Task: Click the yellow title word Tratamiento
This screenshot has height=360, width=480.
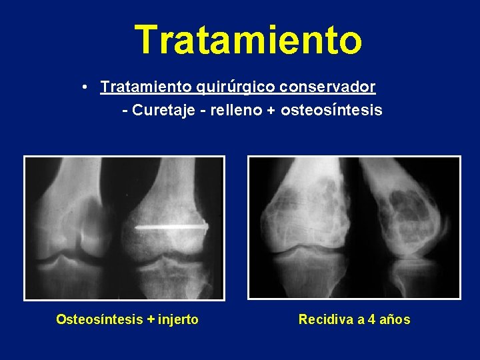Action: [x=248, y=40]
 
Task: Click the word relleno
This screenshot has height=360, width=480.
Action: [x=235, y=110]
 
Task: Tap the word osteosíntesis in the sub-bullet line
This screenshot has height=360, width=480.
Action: [x=331, y=110]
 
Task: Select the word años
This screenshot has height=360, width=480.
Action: [x=396, y=319]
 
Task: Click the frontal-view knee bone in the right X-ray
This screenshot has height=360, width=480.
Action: [x=303, y=213]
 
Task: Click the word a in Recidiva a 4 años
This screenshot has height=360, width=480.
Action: [x=360, y=319]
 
